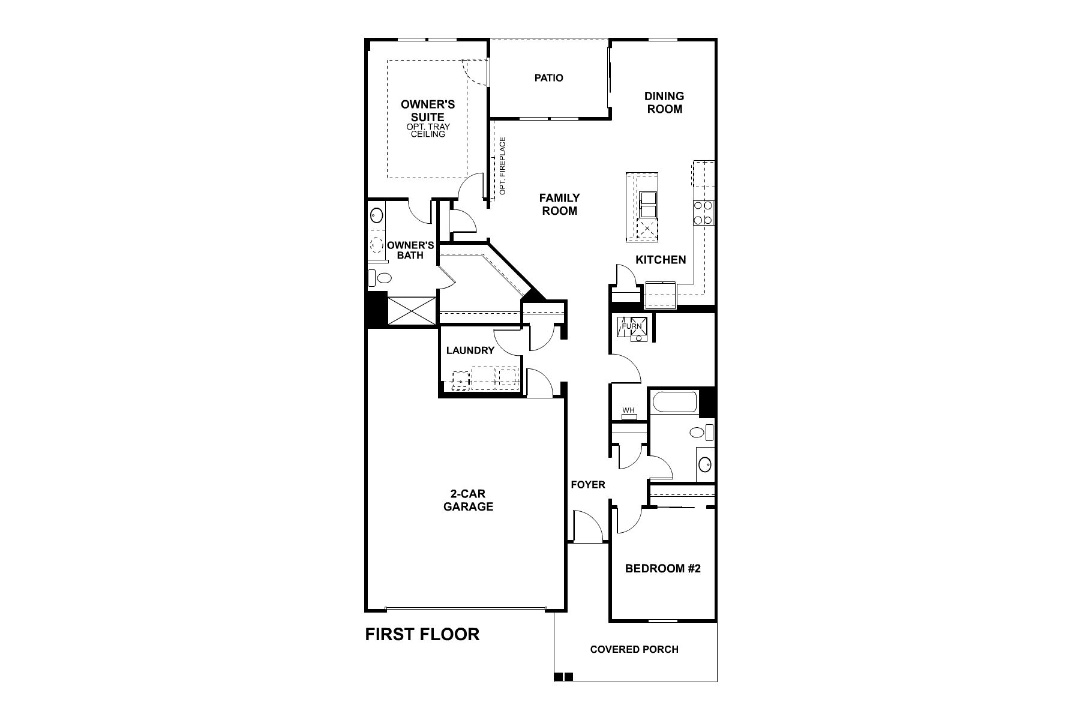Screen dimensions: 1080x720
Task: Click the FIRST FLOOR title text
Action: pyautogui.click(x=422, y=634)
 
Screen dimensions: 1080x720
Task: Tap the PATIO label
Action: pyautogui.click(x=549, y=77)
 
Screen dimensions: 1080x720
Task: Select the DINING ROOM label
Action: pyautogui.click(x=664, y=102)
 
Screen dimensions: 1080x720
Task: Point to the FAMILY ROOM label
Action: pyautogui.click(x=560, y=204)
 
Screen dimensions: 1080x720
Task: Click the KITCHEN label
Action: pyautogui.click(x=661, y=260)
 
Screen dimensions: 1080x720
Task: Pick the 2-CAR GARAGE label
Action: pyautogui.click(x=468, y=500)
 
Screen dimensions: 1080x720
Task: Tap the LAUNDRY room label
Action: pyautogui.click(x=470, y=350)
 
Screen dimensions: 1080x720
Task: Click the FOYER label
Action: pyautogui.click(x=588, y=485)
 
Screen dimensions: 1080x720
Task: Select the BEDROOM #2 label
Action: pyautogui.click(x=663, y=568)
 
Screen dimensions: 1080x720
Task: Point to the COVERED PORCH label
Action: pyautogui.click(x=634, y=649)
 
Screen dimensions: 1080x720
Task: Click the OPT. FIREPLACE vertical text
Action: pyautogui.click(x=503, y=166)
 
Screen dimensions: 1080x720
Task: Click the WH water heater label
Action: pyautogui.click(x=628, y=410)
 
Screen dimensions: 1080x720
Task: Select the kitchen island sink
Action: pyautogui.click(x=647, y=206)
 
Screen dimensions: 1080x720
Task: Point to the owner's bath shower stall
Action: pyautogui.click(x=411, y=311)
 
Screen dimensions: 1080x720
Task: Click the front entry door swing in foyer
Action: pyautogui.click(x=587, y=526)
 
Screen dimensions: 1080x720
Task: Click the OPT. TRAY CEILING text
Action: pyautogui.click(x=428, y=131)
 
